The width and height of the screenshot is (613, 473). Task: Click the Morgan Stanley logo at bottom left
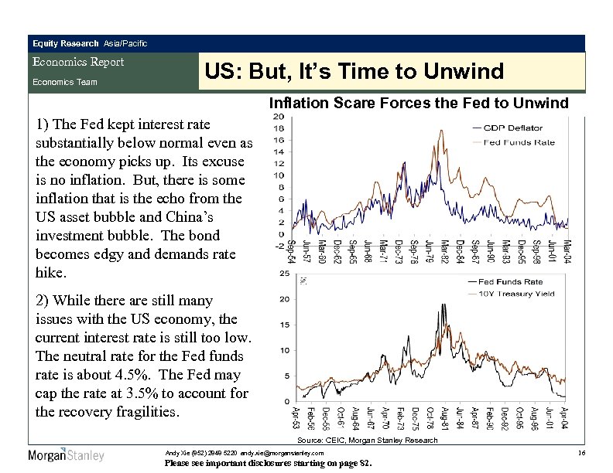(x=66, y=454)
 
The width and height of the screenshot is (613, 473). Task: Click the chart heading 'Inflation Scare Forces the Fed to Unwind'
(x=418, y=102)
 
